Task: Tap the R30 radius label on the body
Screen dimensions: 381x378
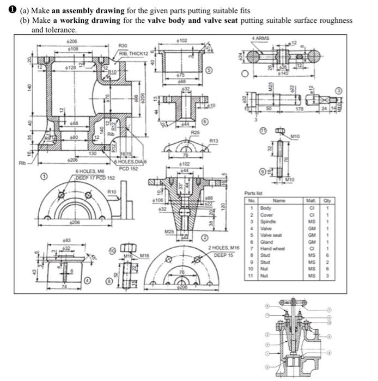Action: (x=123, y=46)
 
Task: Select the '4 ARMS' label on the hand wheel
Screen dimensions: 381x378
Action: (x=261, y=39)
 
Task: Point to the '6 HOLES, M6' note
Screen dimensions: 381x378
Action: (x=90, y=171)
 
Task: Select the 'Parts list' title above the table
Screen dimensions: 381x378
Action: (x=254, y=194)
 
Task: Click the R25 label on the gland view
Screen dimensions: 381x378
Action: (x=194, y=132)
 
